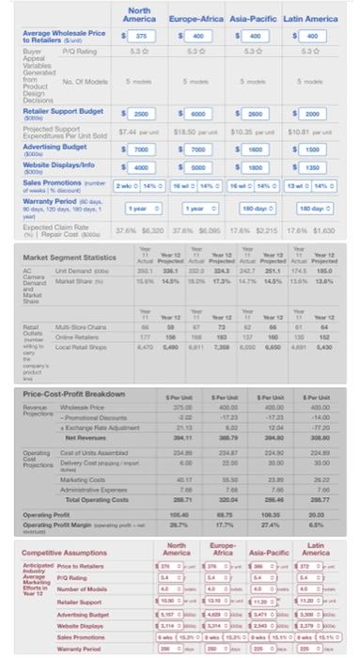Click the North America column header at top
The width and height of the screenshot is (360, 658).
139,13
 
